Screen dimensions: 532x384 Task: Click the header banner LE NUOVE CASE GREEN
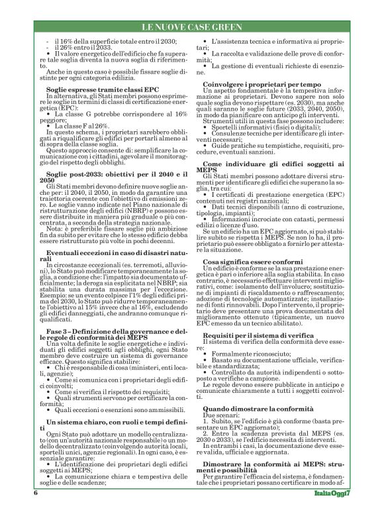click(192, 27)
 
